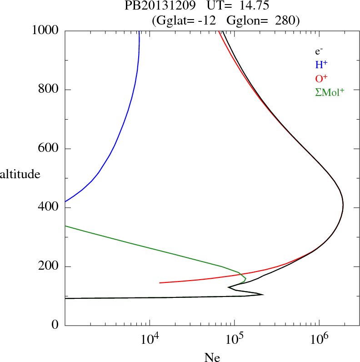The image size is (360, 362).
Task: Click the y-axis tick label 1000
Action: (x=46, y=30)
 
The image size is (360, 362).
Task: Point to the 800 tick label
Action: (x=49, y=90)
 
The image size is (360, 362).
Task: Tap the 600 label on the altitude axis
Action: (x=49, y=149)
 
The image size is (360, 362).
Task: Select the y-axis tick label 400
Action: (x=49, y=208)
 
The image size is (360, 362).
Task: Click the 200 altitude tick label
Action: (x=49, y=266)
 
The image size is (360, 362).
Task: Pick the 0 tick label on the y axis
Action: (x=56, y=326)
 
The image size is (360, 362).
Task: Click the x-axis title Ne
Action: (x=212, y=357)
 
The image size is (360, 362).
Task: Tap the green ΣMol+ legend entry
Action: (x=329, y=91)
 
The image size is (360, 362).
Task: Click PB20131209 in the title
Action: (x=153, y=6)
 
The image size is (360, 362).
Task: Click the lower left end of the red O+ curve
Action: (x=160, y=282)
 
